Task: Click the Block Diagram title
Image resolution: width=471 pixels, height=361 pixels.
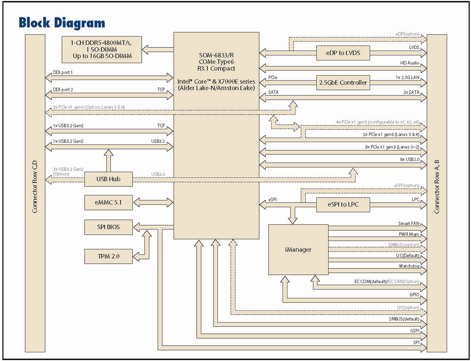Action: click(62, 22)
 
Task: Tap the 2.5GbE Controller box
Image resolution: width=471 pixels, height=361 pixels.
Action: click(343, 82)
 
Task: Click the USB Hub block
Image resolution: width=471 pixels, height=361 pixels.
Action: click(108, 179)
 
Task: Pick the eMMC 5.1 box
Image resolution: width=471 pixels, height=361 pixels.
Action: click(108, 203)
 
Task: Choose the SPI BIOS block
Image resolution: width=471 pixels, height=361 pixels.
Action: click(108, 227)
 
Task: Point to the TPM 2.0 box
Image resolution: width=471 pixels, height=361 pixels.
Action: click(108, 257)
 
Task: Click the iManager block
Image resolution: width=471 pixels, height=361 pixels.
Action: click(298, 250)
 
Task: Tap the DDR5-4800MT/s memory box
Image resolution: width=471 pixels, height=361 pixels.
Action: click(102, 49)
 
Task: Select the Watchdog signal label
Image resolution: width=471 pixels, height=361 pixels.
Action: click(409, 266)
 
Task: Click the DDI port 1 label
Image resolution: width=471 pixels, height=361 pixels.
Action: click(63, 73)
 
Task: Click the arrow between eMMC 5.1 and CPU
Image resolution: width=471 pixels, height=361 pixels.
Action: click(153, 203)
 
